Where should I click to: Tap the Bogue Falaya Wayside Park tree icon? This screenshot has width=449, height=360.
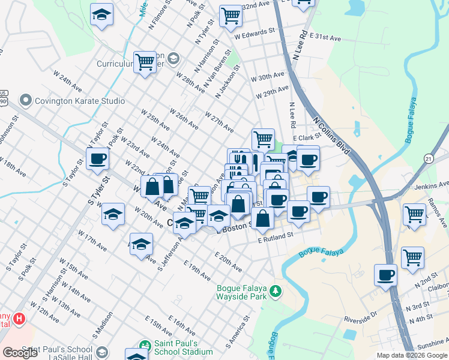276,291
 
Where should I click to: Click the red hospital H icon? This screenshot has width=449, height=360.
19,317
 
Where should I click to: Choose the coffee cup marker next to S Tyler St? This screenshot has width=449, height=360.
97,159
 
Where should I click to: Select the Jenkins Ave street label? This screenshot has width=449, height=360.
432,185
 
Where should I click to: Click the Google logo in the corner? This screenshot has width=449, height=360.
20,353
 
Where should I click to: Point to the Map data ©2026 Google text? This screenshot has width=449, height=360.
412,355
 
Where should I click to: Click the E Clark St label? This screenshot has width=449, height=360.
306,137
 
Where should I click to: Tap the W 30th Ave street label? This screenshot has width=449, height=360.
268,77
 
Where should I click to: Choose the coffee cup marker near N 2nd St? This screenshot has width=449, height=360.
386,275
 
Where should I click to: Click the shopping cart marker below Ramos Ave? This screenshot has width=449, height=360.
414,214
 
